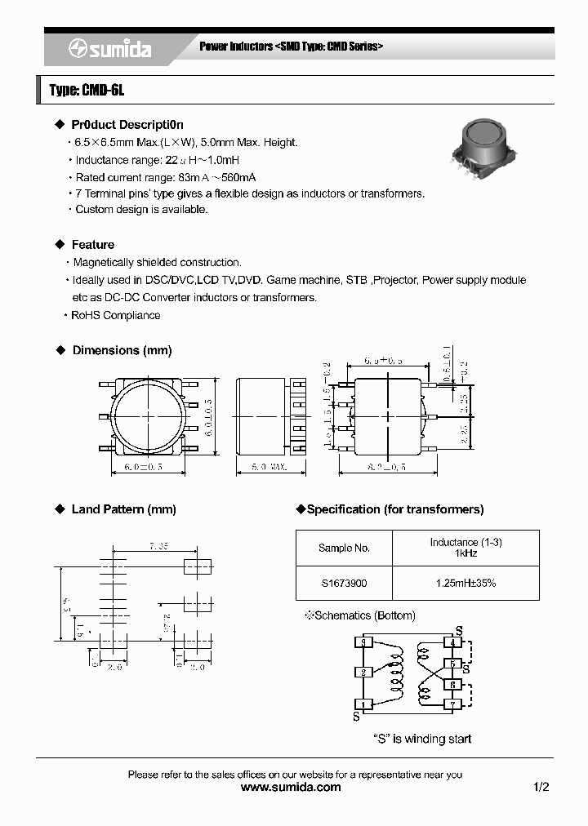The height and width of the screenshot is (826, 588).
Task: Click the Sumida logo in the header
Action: pyautogui.click(x=109, y=48)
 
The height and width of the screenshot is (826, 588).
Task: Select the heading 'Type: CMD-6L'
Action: pyautogui.click(x=87, y=90)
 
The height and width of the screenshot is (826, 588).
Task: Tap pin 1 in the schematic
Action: pyautogui.click(x=363, y=704)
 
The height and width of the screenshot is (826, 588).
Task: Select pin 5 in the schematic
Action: pyautogui.click(x=452, y=664)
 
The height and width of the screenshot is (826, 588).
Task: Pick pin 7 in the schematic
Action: pyautogui.click(x=452, y=704)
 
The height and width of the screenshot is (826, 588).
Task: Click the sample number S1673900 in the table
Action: pyautogui.click(x=344, y=583)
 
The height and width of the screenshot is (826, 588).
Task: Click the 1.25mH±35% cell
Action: pyautogui.click(x=465, y=583)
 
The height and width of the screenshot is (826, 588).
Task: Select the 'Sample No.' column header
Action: pyautogui.click(x=344, y=548)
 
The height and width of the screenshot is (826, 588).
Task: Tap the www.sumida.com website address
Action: pyautogui.click(x=292, y=787)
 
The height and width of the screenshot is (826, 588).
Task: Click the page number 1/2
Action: pyautogui.click(x=541, y=787)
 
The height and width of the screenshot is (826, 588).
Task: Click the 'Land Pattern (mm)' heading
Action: pyautogui.click(x=123, y=509)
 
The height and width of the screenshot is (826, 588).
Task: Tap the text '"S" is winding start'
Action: pyautogui.click(x=422, y=739)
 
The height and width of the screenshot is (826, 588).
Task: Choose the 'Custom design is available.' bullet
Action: pyautogui.click(x=141, y=210)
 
